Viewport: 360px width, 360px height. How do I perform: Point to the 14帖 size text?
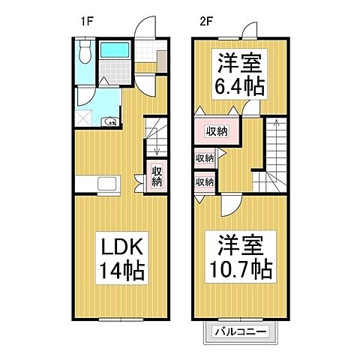pyautogui.click(x=116, y=269)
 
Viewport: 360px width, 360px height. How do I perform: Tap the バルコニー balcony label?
pyautogui.click(x=242, y=331)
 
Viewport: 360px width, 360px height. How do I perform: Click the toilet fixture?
pyautogui.click(x=85, y=52)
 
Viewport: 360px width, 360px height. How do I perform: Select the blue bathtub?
pyautogui.click(x=116, y=53)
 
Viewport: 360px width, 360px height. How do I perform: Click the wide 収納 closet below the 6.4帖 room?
pyautogui.click(x=217, y=132)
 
